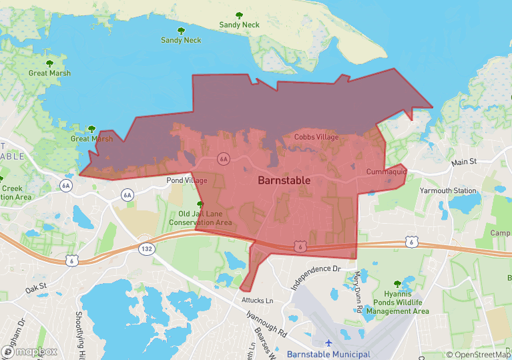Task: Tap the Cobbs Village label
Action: (316, 138)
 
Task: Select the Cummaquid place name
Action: (387, 172)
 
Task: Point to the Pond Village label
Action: (187, 181)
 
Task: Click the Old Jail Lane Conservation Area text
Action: (200, 218)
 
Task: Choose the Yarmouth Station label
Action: (448, 190)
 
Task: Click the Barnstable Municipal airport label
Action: (328, 354)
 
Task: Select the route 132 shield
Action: (146, 248)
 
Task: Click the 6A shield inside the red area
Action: (224, 159)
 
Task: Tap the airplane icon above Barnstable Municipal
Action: (328, 343)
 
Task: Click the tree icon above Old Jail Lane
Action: (200, 204)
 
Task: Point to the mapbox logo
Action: (30, 351)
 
